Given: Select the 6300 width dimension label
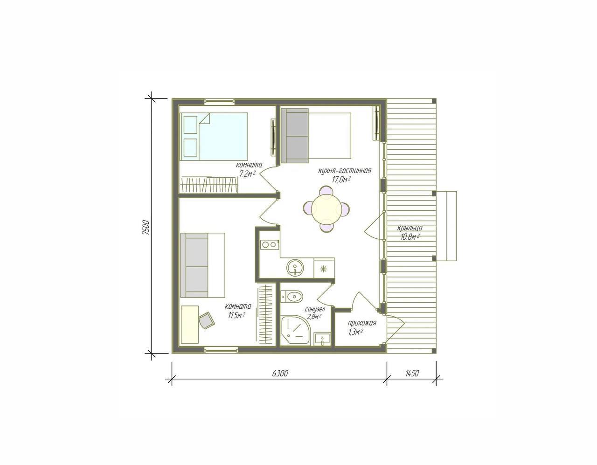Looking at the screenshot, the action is [x=280, y=374].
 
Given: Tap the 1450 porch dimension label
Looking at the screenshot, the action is [x=411, y=374].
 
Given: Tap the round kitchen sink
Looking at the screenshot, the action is [x=295, y=267].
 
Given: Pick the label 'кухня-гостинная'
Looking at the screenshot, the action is [x=345, y=171].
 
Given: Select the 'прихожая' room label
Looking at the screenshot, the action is [x=362, y=323].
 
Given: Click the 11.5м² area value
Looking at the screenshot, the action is [x=235, y=315].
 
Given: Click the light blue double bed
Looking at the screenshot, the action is [x=214, y=136].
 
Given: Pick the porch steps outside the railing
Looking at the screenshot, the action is [x=446, y=226].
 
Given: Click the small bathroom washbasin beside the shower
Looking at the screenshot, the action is [x=322, y=339].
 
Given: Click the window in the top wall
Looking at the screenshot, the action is [x=219, y=101].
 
